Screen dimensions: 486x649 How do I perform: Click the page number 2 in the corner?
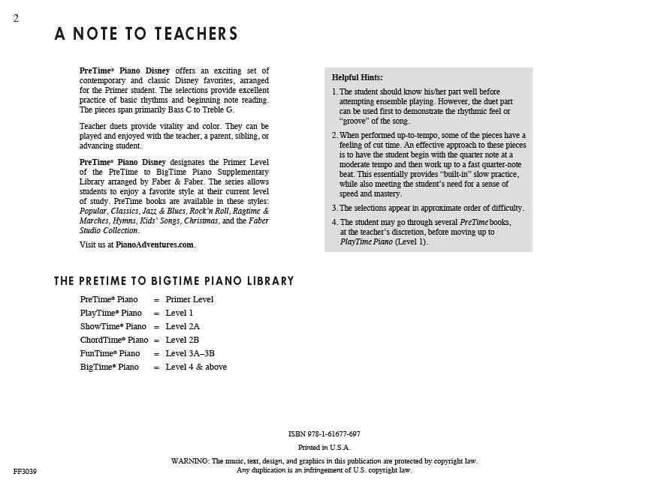point(16,19)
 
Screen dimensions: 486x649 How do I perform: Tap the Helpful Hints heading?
point(357,77)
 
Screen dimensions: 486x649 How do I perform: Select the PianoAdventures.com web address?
point(155,244)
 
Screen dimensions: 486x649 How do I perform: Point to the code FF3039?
point(25,472)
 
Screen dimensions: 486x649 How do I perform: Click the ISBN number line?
point(324,434)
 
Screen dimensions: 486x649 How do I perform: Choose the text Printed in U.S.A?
point(324,448)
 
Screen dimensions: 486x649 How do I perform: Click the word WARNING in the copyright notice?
point(190,461)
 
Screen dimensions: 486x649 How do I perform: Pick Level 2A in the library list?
point(183,326)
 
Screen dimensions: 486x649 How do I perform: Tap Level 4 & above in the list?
point(196,367)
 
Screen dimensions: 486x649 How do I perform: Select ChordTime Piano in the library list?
point(114,340)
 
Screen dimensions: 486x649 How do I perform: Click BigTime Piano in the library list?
point(110,367)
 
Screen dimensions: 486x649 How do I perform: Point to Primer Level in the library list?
point(189,299)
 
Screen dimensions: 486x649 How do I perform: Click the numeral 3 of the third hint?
point(334,208)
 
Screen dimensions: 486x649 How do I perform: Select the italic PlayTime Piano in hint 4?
point(367,241)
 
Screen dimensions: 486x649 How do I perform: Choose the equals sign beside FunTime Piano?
point(156,353)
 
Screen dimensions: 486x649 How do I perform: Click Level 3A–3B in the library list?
point(190,353)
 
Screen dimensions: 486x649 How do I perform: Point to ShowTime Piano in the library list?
point(113,326)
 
